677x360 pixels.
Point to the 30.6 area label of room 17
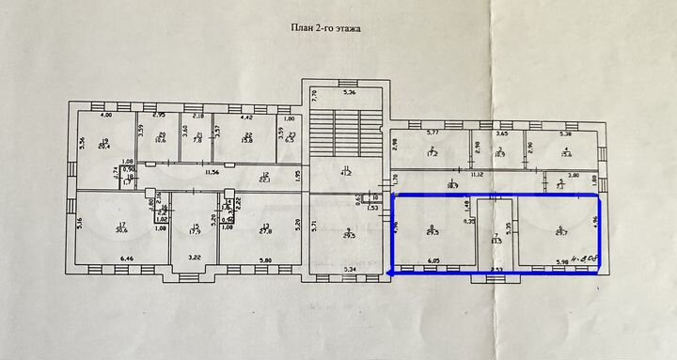(x=122, y=228)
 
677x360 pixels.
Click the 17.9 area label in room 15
(x=196, y=230)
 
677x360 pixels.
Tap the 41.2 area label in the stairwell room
(x=345, y=174)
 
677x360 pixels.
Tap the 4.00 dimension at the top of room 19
(x=106, y=116)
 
